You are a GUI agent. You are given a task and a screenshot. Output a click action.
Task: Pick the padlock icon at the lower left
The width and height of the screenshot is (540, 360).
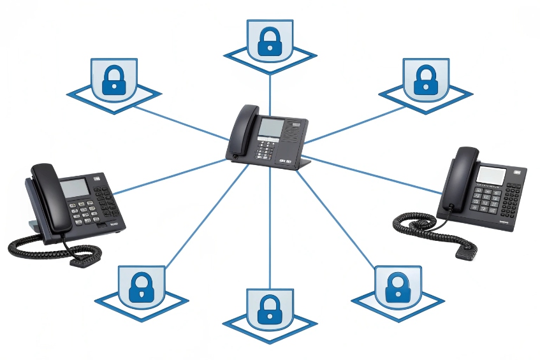[x=142, y=287]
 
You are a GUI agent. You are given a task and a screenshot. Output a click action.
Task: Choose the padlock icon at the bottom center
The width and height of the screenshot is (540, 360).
[x=270, y=309]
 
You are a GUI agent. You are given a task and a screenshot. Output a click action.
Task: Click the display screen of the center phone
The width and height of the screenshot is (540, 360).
[x=270, y=128]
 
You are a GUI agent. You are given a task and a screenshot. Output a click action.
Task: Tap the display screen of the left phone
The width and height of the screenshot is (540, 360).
[x=75, y=188]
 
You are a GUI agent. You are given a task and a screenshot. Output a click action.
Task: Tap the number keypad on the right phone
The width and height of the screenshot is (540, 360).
[x=486, y=201]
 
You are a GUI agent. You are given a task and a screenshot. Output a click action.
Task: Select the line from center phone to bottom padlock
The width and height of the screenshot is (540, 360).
[x=270, y=229]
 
